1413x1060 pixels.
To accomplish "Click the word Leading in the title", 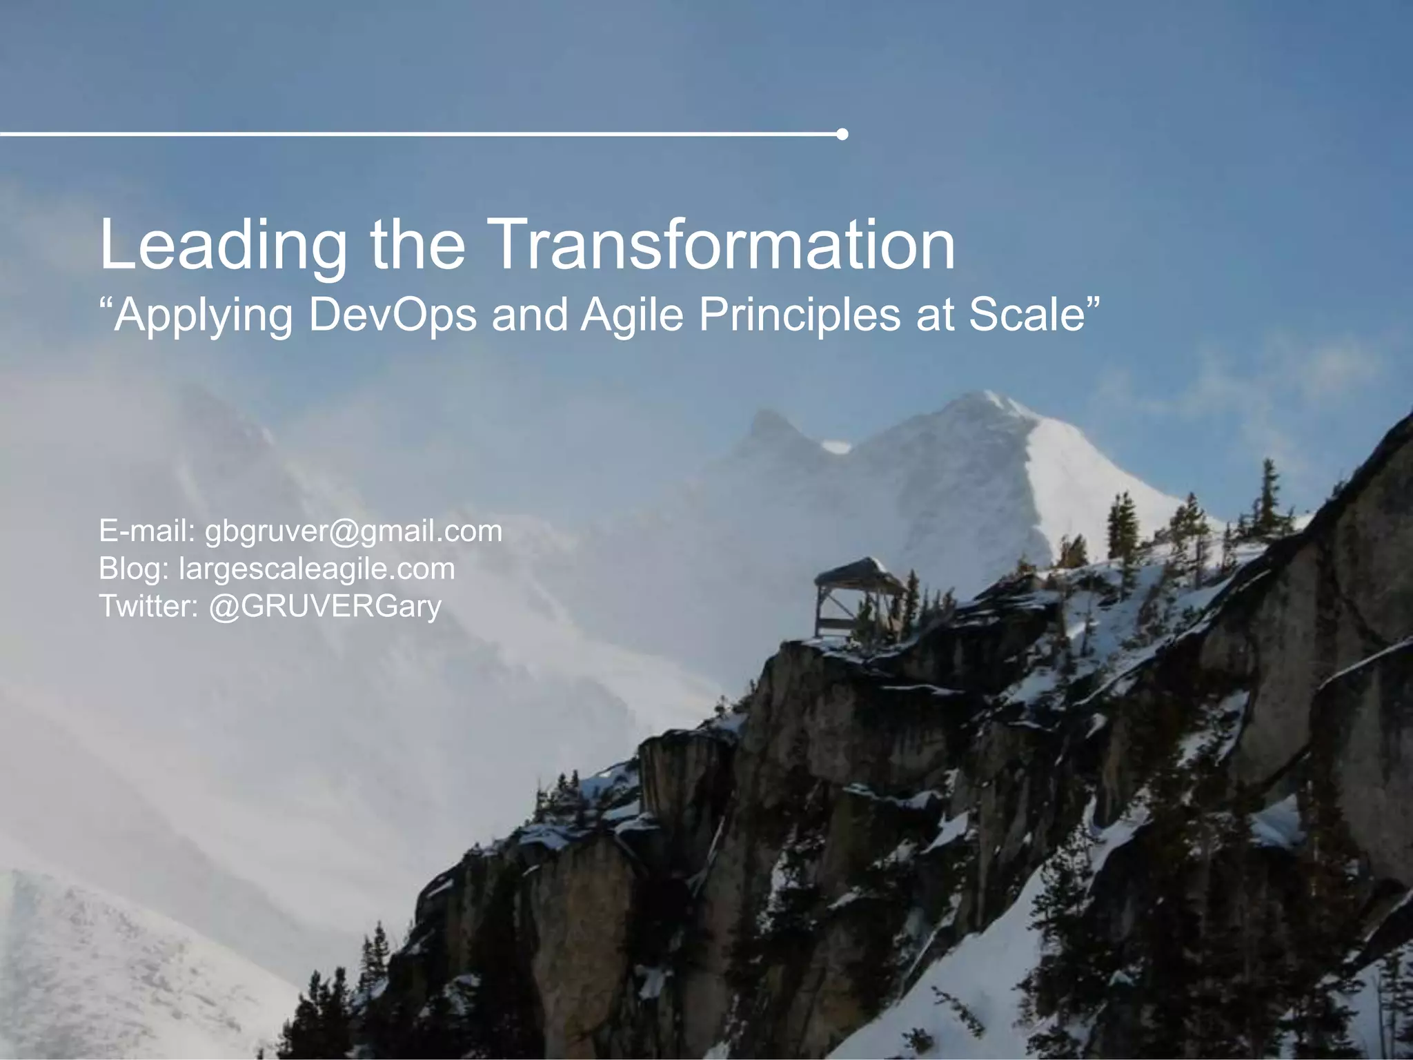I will tap(222, 245).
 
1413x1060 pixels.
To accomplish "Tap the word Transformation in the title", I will tap(724, 245).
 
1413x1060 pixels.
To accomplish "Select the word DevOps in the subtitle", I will tap(393, 315).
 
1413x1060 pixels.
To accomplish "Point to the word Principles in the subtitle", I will tap(800, 315).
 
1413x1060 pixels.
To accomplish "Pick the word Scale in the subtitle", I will tap(1028, 315).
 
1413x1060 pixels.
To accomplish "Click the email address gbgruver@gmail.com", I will tap(354, 531).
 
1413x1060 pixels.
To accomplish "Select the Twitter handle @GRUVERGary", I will tap(325, 606).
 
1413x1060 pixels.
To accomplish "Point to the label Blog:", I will tap(134, 569).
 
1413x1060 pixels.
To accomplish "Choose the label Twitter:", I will tap(149, 606).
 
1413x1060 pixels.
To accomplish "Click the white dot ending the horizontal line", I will tap(842, 134).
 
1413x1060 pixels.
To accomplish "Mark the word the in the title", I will tap(417, 245).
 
